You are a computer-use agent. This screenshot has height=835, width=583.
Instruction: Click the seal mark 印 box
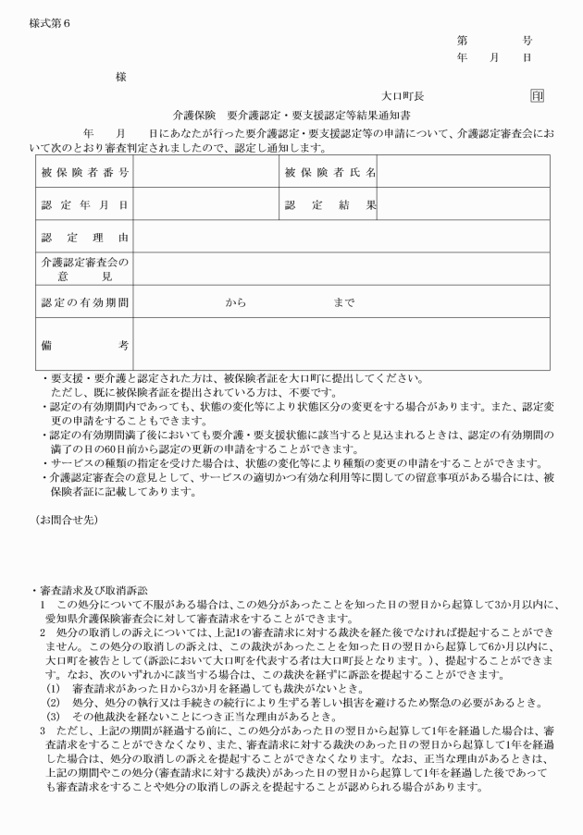point(537,95)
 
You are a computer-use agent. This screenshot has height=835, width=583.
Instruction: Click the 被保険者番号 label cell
point(84,172)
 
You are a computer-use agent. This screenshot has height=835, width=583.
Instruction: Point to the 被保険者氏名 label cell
point(330,172)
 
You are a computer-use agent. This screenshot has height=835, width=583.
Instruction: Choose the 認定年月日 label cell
point(84,204)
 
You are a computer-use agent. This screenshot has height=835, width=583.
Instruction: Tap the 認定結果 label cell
point(330,204)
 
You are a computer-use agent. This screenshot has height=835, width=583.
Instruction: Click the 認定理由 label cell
point(84,237)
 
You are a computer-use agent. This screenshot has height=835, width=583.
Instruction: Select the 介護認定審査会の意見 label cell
point(84,269)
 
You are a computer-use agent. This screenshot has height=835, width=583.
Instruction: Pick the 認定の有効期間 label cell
point(84,301)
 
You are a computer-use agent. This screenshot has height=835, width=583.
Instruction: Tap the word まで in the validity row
point(343,301)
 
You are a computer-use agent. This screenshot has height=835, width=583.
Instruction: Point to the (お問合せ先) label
point(67,521)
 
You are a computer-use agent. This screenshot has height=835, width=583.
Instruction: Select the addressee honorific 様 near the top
point(120,78)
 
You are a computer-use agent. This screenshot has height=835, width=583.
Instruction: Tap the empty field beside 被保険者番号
point(205,172)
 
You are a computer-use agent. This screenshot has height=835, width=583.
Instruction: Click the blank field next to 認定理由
point(341,237)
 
